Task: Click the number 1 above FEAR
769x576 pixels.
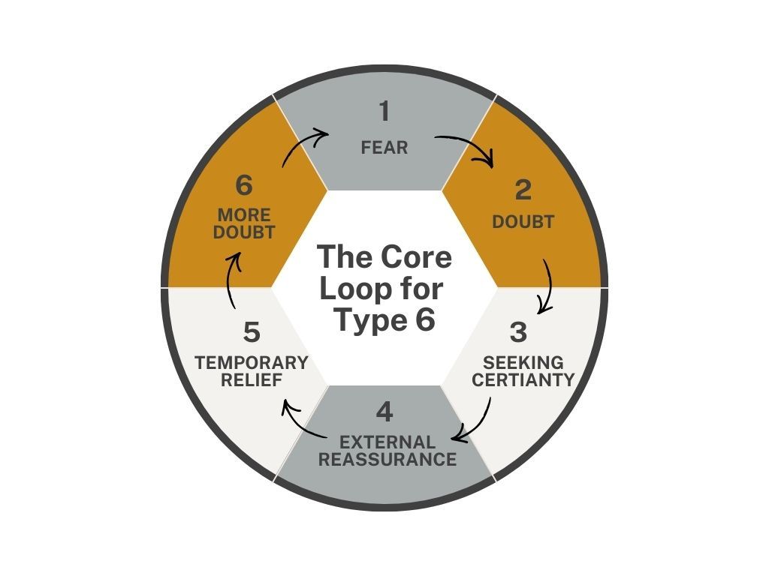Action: coord(384,112)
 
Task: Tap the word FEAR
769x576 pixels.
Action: coord(384,148)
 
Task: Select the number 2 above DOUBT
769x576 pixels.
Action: coord(523,190)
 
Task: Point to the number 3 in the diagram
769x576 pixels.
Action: coord(518,331)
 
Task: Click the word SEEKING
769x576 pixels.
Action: coord(523,363)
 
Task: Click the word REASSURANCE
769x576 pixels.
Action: coord(388,459)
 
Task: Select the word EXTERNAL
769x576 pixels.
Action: coord(388,442)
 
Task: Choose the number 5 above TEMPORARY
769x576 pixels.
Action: coord(252,331)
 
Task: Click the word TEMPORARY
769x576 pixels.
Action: coord(252,363)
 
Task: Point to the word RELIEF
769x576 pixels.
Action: coord(252,380)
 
